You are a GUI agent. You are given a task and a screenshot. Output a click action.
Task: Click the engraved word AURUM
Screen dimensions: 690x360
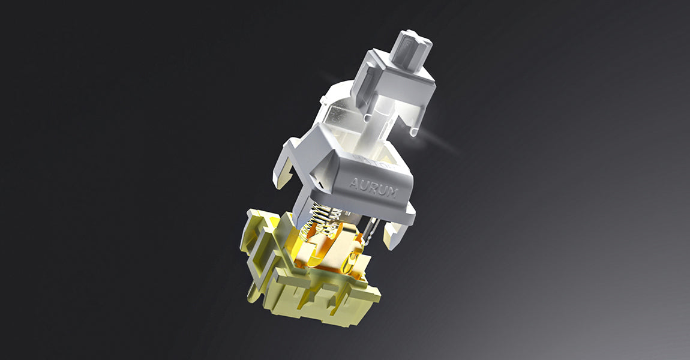(374, 187)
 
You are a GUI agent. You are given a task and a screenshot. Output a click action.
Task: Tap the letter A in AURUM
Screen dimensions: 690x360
(354, 182)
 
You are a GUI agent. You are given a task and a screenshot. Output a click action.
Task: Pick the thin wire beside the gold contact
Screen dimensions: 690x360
(370, 229)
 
